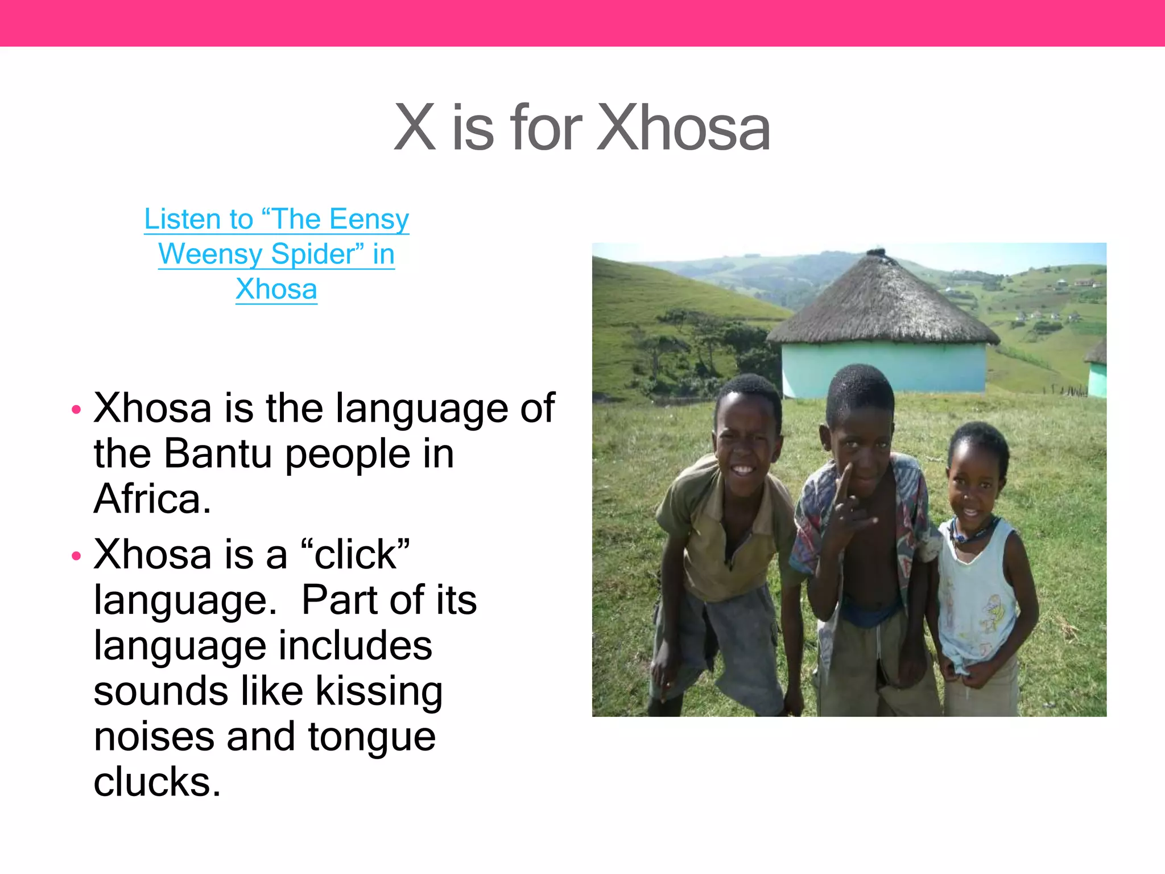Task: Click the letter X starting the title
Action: [415, 128]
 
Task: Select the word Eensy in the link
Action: [369, 219]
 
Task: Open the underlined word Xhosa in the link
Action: [276, 289]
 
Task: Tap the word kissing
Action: [379, 691]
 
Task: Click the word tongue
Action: [372, 736]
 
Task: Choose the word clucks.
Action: [157, 782]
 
